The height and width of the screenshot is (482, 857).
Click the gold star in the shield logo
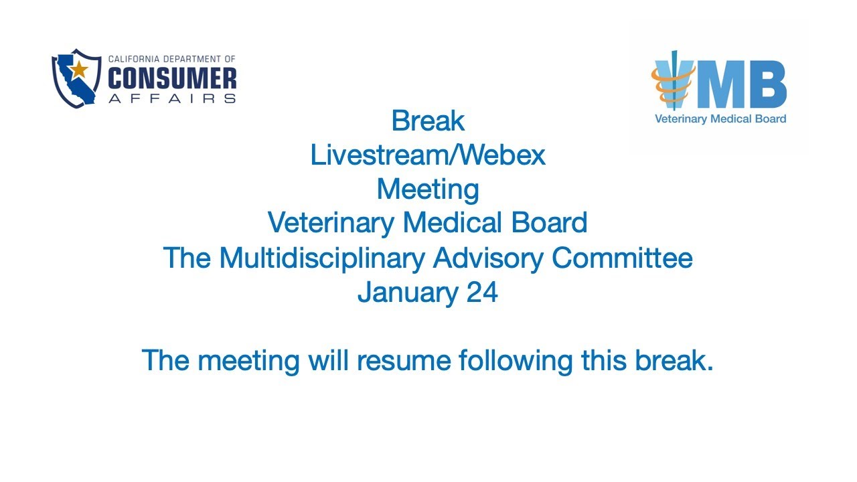[80, 68]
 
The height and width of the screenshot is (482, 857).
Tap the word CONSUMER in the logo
[172, 79]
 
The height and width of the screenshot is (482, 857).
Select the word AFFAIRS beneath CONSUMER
[172, 98]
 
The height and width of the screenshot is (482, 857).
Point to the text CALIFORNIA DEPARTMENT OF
[172, 60]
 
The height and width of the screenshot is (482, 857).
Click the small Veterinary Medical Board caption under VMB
[720, 119]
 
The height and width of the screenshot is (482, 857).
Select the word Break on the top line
[428, 121]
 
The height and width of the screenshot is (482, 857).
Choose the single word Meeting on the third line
[428, 189]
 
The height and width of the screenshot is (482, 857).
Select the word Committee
[623, 258]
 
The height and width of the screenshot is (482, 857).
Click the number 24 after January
[481, 293]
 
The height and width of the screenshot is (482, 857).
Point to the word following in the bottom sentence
[516, 361]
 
